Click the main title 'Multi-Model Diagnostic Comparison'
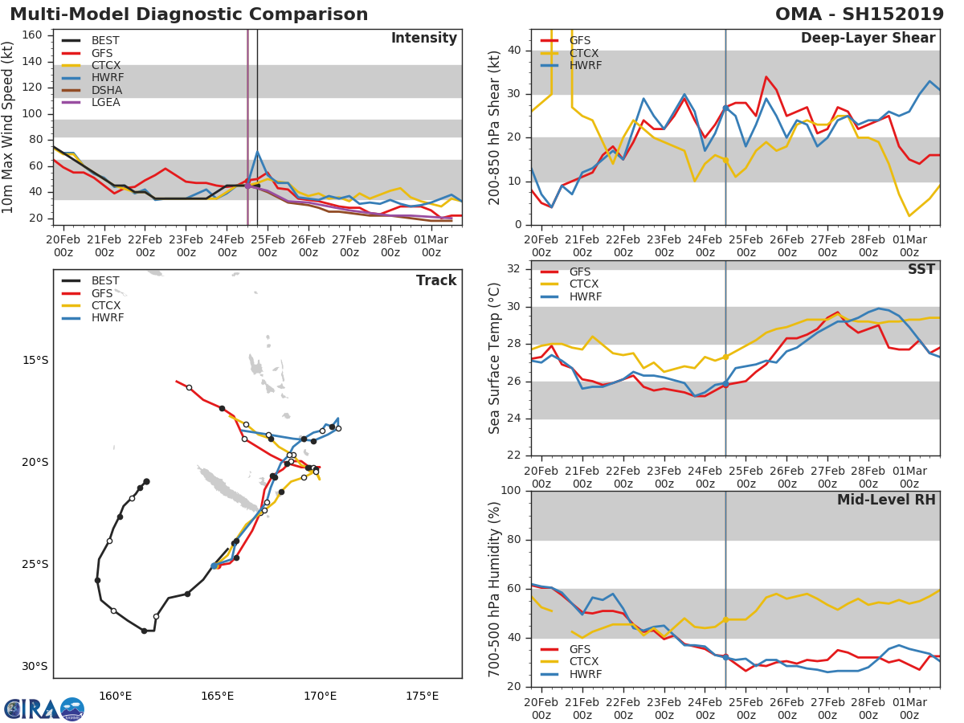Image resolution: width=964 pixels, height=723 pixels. (x=189, y=14)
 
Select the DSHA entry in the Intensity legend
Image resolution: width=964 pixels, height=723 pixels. (x=104, y=90)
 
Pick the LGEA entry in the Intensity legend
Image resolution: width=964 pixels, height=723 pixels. (x=104, y=102)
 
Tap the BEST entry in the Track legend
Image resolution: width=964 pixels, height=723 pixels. (x=104, y=280)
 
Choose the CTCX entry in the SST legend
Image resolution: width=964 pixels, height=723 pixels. (x=584, y=284)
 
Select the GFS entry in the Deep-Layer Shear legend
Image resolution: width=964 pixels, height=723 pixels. (x=579, y=40)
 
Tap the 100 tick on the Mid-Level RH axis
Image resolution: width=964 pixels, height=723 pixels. (x=511, y=490)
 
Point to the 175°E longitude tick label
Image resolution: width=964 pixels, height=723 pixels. (x=422, y=696)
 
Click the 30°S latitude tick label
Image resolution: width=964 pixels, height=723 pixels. (x=35, y=666)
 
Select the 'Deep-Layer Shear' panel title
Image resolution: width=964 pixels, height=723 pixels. (x=868, y=39)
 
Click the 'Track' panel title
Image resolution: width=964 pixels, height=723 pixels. (x=435, y=280)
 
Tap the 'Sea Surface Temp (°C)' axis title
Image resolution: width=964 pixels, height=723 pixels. (x=495, y=358)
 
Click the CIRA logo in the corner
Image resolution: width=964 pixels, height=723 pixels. (x=44, y=709)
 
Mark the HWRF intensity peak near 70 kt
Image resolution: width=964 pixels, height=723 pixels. (x=257, y=152)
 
